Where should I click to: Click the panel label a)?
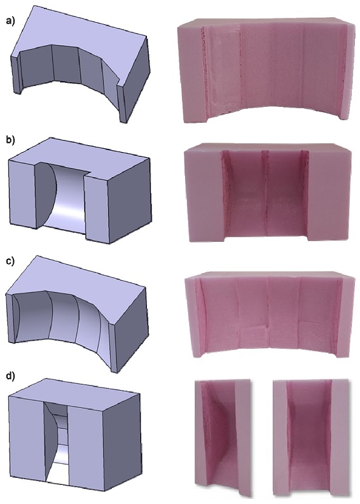pos(11,22)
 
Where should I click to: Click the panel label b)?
pos(11,140)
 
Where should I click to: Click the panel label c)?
pos(11,261)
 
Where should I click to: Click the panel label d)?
pos(11,376)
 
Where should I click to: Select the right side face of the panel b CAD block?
pos(129,200)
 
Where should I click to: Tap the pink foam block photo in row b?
pos(268,192)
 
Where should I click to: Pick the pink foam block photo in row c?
pos(270,315)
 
